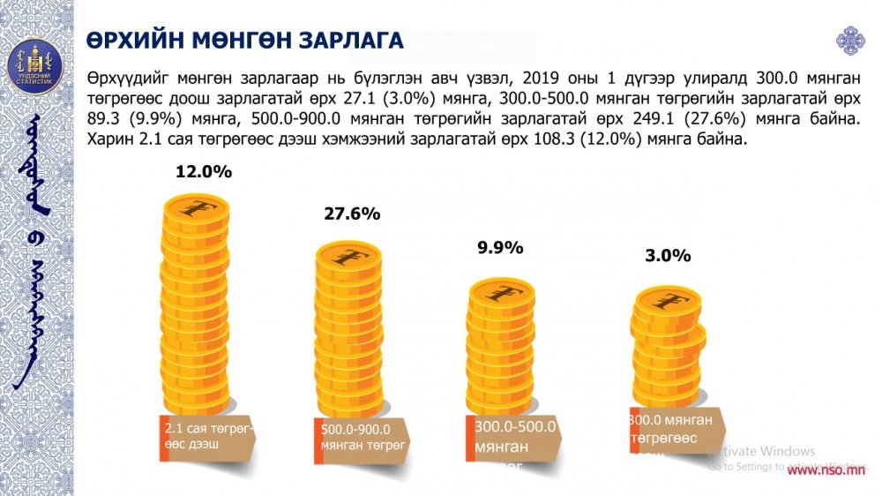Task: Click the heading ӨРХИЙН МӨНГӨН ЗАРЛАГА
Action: click(x=246, y=41)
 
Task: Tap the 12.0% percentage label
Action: click(x=204, y=172)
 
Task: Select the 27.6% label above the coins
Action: click(x=351, y=214)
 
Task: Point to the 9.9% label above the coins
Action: click(x=500, y=248)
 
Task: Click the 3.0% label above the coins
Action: click(x=668, y=256)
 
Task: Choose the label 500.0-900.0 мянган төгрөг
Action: click(x=363, y=438)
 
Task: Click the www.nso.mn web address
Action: click(x=826, y=471)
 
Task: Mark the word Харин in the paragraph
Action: click(x=109, y=139)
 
